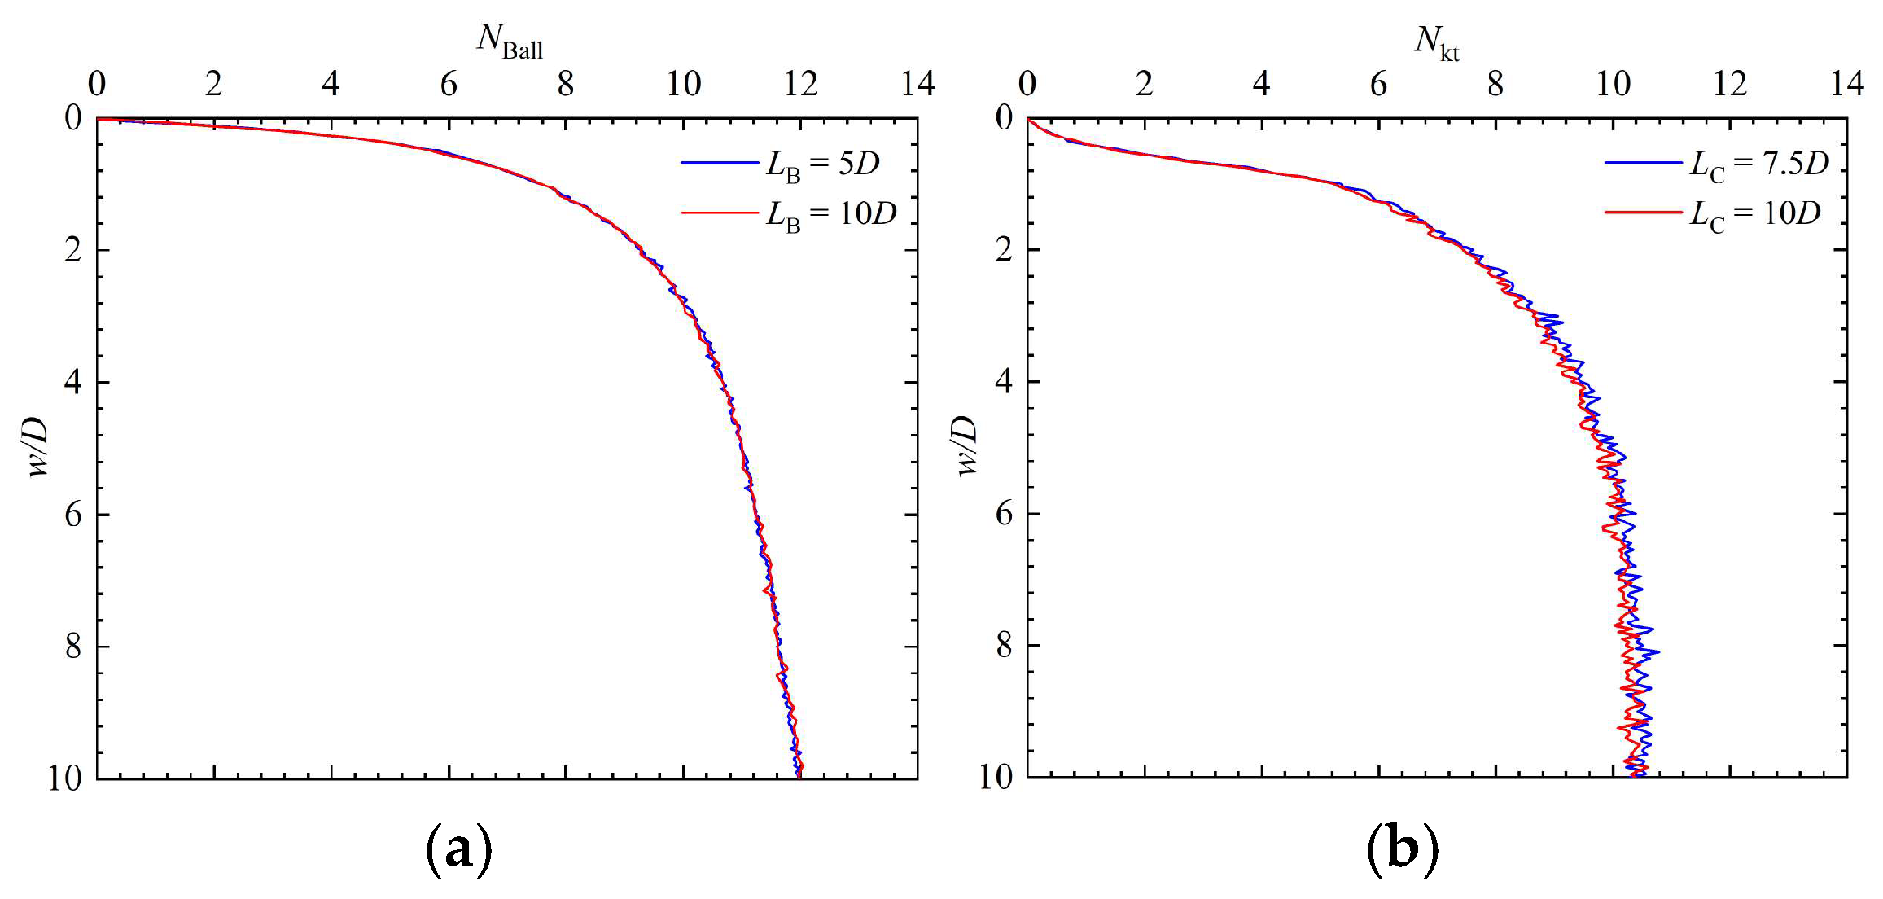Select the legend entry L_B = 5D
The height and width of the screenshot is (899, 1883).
pos(822,164)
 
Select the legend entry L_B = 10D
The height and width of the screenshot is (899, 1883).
pos(830,214)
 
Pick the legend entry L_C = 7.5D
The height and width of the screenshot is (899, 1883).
pos(1758,164)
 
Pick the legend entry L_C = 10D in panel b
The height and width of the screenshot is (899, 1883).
pos(1754,214)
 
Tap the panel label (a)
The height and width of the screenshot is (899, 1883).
pos(459,849)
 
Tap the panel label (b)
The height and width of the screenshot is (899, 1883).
pos(1402,849)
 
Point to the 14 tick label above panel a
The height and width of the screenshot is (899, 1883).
pos(917,83)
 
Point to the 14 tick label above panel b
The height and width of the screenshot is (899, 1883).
pos(1846,83)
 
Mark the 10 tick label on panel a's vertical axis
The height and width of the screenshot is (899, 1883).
pos(65,778)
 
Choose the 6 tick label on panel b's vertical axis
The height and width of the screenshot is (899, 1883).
pos(1004,514)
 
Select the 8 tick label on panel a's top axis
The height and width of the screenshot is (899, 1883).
pos(566,83)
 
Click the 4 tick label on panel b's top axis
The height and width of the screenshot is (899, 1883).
pos(1261,83)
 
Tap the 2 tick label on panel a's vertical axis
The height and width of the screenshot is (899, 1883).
pos(74,250)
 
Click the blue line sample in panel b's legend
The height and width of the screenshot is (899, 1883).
pos(1643,163)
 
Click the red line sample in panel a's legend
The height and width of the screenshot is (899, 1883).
pos(719,213)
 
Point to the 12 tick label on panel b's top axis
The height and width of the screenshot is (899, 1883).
pos(1729,83)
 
